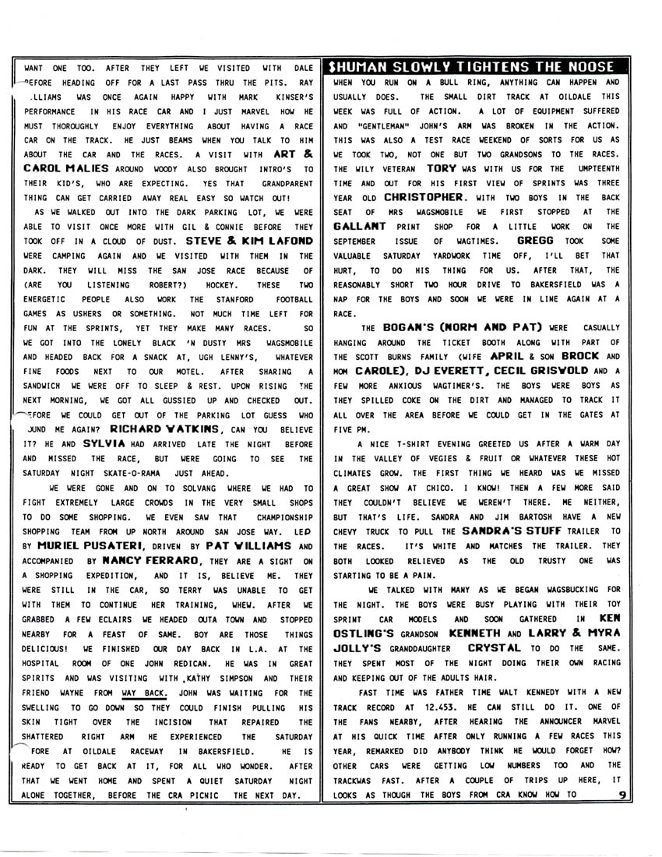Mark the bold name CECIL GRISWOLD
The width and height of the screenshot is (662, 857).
(x=530, y=371)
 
